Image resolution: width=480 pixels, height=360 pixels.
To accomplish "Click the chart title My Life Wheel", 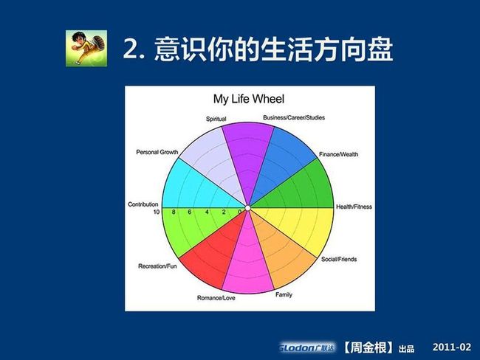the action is pos(249,99).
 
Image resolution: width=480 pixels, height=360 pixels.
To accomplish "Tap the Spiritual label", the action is pos(216,119).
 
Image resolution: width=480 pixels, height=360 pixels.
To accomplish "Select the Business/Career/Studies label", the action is pos(294,117).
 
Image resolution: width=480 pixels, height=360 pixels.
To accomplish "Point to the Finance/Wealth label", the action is pos(338,154).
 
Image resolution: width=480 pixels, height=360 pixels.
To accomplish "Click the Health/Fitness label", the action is pos(354,207).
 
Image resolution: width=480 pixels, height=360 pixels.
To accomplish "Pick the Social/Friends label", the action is pos(339,259).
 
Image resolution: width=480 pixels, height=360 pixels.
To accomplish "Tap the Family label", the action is pos(284,294).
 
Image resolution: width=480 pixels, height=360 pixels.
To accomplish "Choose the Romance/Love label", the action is pos(216,297).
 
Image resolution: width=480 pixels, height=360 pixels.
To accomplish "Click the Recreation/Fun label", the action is pos(157,266).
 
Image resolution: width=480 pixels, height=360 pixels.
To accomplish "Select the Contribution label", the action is pos(143,204).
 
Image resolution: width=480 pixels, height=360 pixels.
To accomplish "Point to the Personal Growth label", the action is pos(157,152).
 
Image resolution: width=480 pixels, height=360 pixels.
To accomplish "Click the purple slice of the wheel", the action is pos(248,153).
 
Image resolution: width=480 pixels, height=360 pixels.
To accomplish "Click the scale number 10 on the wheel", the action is pos(157,212).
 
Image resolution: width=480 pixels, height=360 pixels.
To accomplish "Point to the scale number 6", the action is pos(190,212).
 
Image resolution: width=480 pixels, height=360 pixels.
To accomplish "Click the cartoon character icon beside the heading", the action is pos(86,49).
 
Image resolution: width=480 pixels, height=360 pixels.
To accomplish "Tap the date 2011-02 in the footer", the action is pos(452,347).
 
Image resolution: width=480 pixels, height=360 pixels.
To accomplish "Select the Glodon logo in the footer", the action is pos(306,347).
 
